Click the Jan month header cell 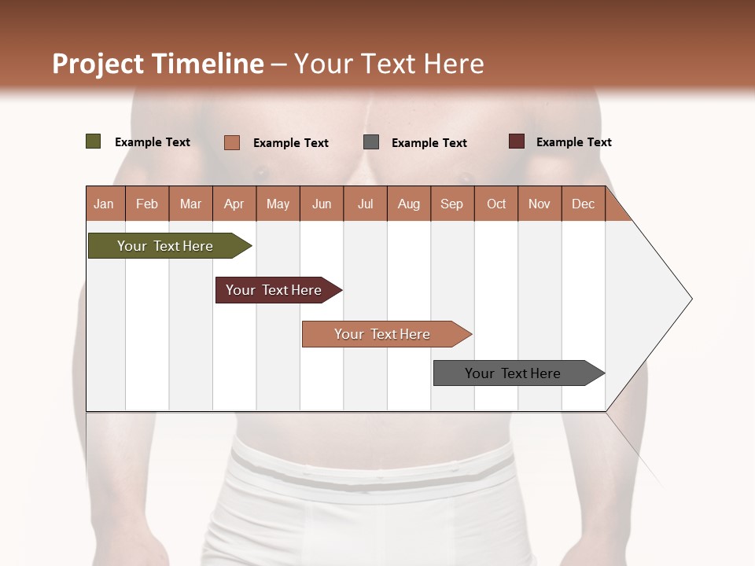click(105, 204)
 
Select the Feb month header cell click(147, 204)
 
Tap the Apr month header click(234, 204)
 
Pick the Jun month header click(322, 204)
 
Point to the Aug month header click(409, 204)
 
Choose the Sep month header click(452, 204)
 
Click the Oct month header click(496, 204)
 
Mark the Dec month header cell click(584, 204)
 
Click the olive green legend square click(94, 141)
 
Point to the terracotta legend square click(232, 142)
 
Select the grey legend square click(371, 142)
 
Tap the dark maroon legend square click(516, 141)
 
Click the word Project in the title click(98, 64)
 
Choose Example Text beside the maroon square click(573, 142)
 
